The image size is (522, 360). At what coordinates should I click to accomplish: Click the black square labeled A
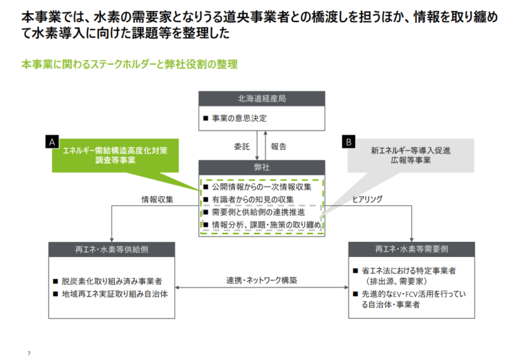pos(52,142)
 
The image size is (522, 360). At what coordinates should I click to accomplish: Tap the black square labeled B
pos(348,142)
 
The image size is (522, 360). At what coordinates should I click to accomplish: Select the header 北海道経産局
pos(262,99)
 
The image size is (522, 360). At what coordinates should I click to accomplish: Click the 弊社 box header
pos(262,168)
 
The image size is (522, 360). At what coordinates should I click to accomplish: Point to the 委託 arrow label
pos(241,146)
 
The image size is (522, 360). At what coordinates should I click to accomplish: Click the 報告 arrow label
pos(279,146)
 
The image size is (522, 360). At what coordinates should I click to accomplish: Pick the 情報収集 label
pos(157,200)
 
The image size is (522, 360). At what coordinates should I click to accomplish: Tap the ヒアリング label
pos(367,200)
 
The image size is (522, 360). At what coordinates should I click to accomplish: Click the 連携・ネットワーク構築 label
pos(262,280)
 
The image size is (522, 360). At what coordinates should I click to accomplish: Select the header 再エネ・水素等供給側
pos(112,250)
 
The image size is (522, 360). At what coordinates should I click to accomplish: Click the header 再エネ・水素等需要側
pos(412,249)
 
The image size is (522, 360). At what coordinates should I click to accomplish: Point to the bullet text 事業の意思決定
pos(239,119)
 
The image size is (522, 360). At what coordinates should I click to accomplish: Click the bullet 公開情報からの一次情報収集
pos(262,187)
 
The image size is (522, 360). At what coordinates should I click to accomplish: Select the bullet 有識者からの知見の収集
pos(253,200)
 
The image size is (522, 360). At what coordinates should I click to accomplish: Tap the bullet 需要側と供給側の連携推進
pos(258,212)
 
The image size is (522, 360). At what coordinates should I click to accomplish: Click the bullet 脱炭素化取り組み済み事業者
pos(112,282)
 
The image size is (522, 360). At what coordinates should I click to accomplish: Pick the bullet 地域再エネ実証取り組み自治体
pos(115,294)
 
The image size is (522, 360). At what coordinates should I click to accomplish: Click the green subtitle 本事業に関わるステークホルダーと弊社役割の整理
pos(129,64)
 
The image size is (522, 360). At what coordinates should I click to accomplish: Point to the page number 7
pos(29,353)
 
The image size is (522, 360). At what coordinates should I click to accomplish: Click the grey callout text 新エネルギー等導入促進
pos(410,151)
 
